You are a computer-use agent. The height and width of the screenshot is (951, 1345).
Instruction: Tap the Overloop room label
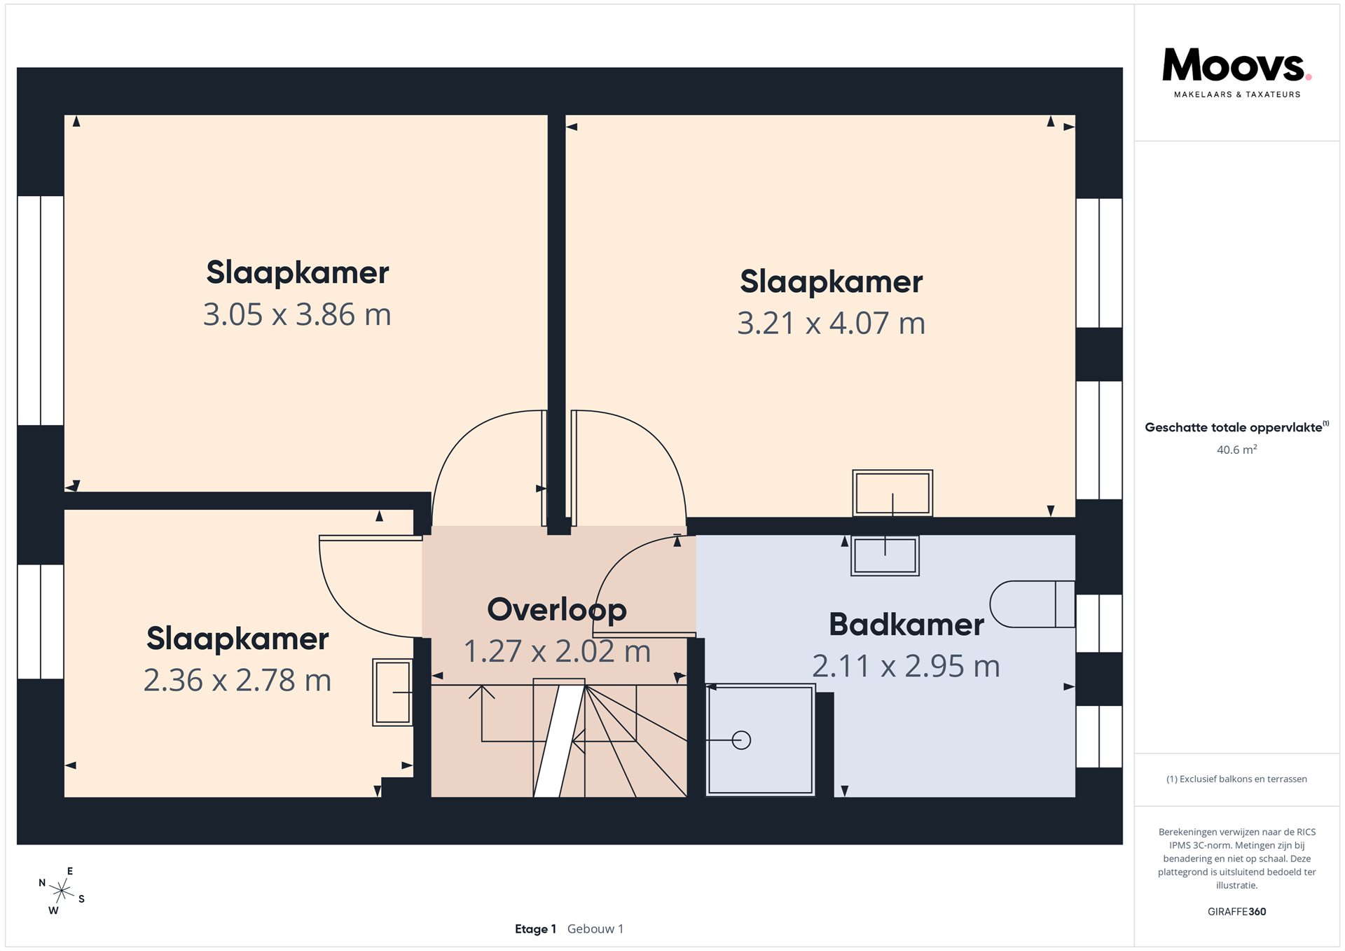tap(557, 609)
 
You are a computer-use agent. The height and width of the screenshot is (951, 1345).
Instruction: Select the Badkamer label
tap(906, 624)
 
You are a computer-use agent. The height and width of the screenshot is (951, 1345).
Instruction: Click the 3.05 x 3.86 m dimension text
tap(297, 314)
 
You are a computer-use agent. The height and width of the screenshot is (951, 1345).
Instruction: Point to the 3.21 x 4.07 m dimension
tap(832, 324)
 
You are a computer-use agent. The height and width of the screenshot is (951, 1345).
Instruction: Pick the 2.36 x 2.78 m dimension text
tap(237, 680)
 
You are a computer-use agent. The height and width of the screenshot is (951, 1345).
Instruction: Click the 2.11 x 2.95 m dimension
tap(906, 666)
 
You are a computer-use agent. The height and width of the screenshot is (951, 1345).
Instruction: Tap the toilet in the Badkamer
tap(1033, 604)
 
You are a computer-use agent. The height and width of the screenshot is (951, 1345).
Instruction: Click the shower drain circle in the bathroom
tap(741, 740)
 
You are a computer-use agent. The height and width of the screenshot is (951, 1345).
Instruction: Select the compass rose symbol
tap(62, 891)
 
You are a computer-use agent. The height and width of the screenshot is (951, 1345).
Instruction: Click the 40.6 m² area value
tap(1236, 450)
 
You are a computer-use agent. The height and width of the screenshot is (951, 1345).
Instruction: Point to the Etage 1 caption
tap(535, 929)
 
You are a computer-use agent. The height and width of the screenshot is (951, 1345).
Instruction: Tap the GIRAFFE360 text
tap(1236, 912)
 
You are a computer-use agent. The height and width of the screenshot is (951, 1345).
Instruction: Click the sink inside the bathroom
tap(885, 556)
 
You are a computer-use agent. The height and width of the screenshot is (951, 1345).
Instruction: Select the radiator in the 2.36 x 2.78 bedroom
tap(392, 692)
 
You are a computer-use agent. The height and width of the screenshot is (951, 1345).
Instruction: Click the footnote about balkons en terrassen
tap(1236, 779)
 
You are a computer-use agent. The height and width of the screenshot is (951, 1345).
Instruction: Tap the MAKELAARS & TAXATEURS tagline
tap(1236, 95)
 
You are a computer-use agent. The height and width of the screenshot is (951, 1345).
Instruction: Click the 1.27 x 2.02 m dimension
tap(557, 651)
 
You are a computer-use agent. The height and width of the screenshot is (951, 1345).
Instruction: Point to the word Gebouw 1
tap(595, 929)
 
